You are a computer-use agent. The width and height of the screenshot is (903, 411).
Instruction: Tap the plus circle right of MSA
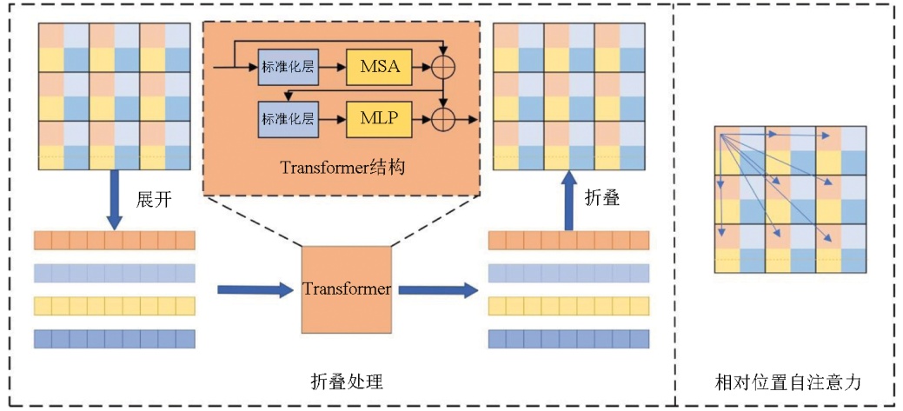pyautogui.click(x=444, y=67)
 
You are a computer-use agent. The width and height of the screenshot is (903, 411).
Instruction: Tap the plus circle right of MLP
pyautogui.click(x=444, y=117)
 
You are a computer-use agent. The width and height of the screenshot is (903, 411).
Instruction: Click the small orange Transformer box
pyautogui.click(x=346, y=289)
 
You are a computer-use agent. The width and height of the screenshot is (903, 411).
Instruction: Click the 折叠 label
pyautogui.click(x=602, y=197)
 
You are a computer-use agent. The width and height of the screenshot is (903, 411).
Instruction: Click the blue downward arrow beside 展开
pyautogui.click(x=114, y=196)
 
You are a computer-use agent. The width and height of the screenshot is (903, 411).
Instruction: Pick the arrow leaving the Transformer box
pyautogui.click(x=438, y=289)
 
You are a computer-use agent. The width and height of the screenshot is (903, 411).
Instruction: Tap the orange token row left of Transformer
pyautogui.click(x=114, y=241)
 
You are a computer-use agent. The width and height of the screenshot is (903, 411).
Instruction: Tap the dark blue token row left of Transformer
pyautogui.click(x=114, y=338)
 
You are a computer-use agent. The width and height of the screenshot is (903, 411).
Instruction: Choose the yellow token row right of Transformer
pyautogui.click(x=569, y=306)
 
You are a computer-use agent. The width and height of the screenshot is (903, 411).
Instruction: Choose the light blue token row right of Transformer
pyautogui.click(x=569, y=274)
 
